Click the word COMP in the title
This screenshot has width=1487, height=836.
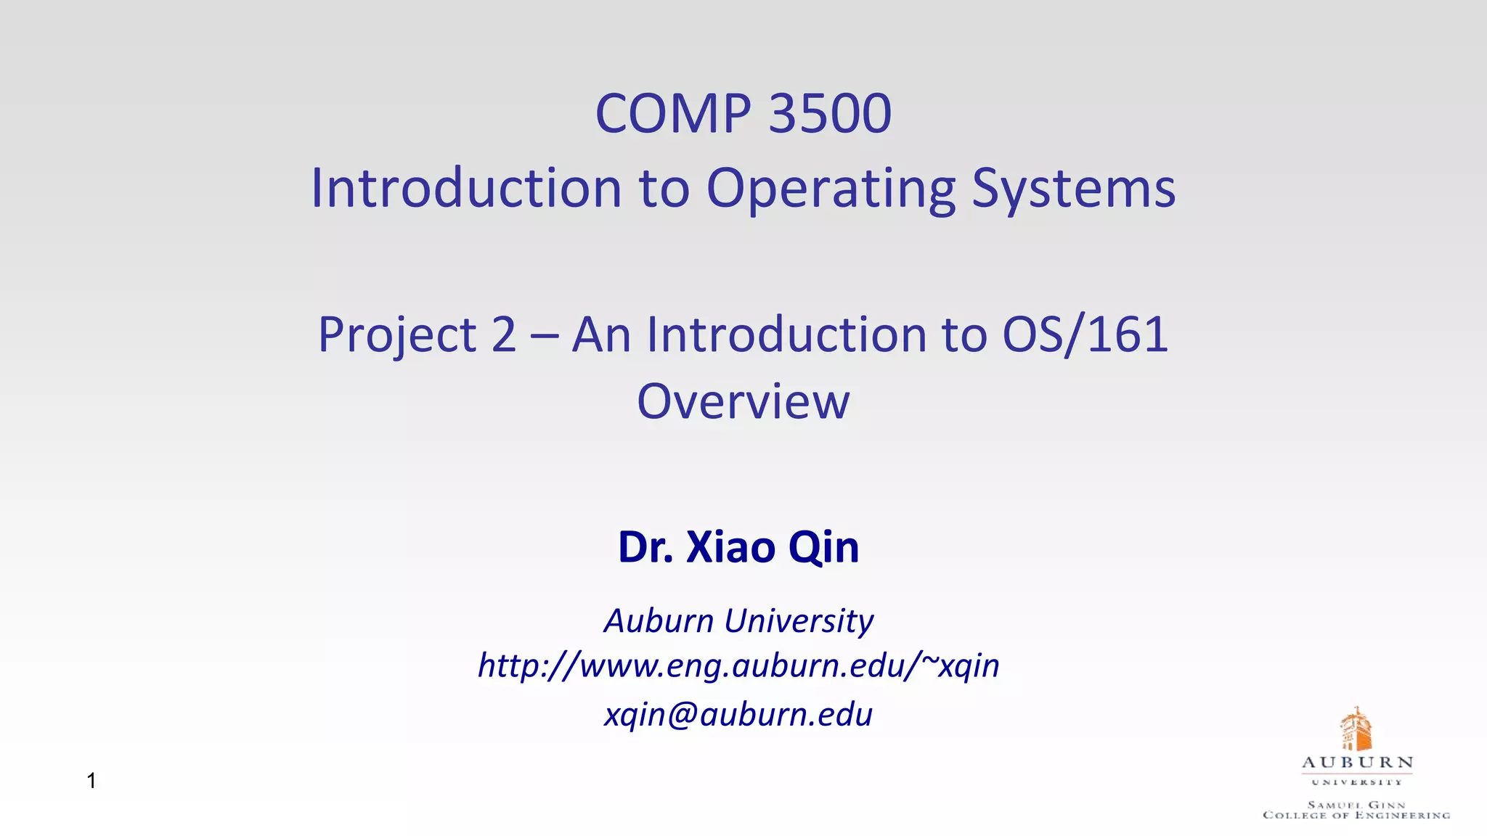pos(672,114)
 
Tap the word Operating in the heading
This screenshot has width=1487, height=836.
pos(831,189)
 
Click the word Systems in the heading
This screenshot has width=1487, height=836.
pos(1073,189)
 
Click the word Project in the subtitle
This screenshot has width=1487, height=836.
pos(397,335)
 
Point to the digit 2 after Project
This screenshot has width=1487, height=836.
pos(503,335)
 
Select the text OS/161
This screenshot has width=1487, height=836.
pos(1085,335)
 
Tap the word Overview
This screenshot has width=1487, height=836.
pos(743,401)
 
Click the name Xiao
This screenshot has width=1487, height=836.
pos(730,547)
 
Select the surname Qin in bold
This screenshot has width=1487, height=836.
pos(823,547)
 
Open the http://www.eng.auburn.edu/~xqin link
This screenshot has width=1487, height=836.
pos(738,665)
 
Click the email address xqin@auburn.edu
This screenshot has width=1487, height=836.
pos(738,715)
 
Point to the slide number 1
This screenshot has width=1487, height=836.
pos(91,781)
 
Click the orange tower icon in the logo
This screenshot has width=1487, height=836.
pos(1355,729)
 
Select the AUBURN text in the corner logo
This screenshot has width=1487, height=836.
pos(1357,763)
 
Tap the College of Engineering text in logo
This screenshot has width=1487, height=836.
pos(1356,815)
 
